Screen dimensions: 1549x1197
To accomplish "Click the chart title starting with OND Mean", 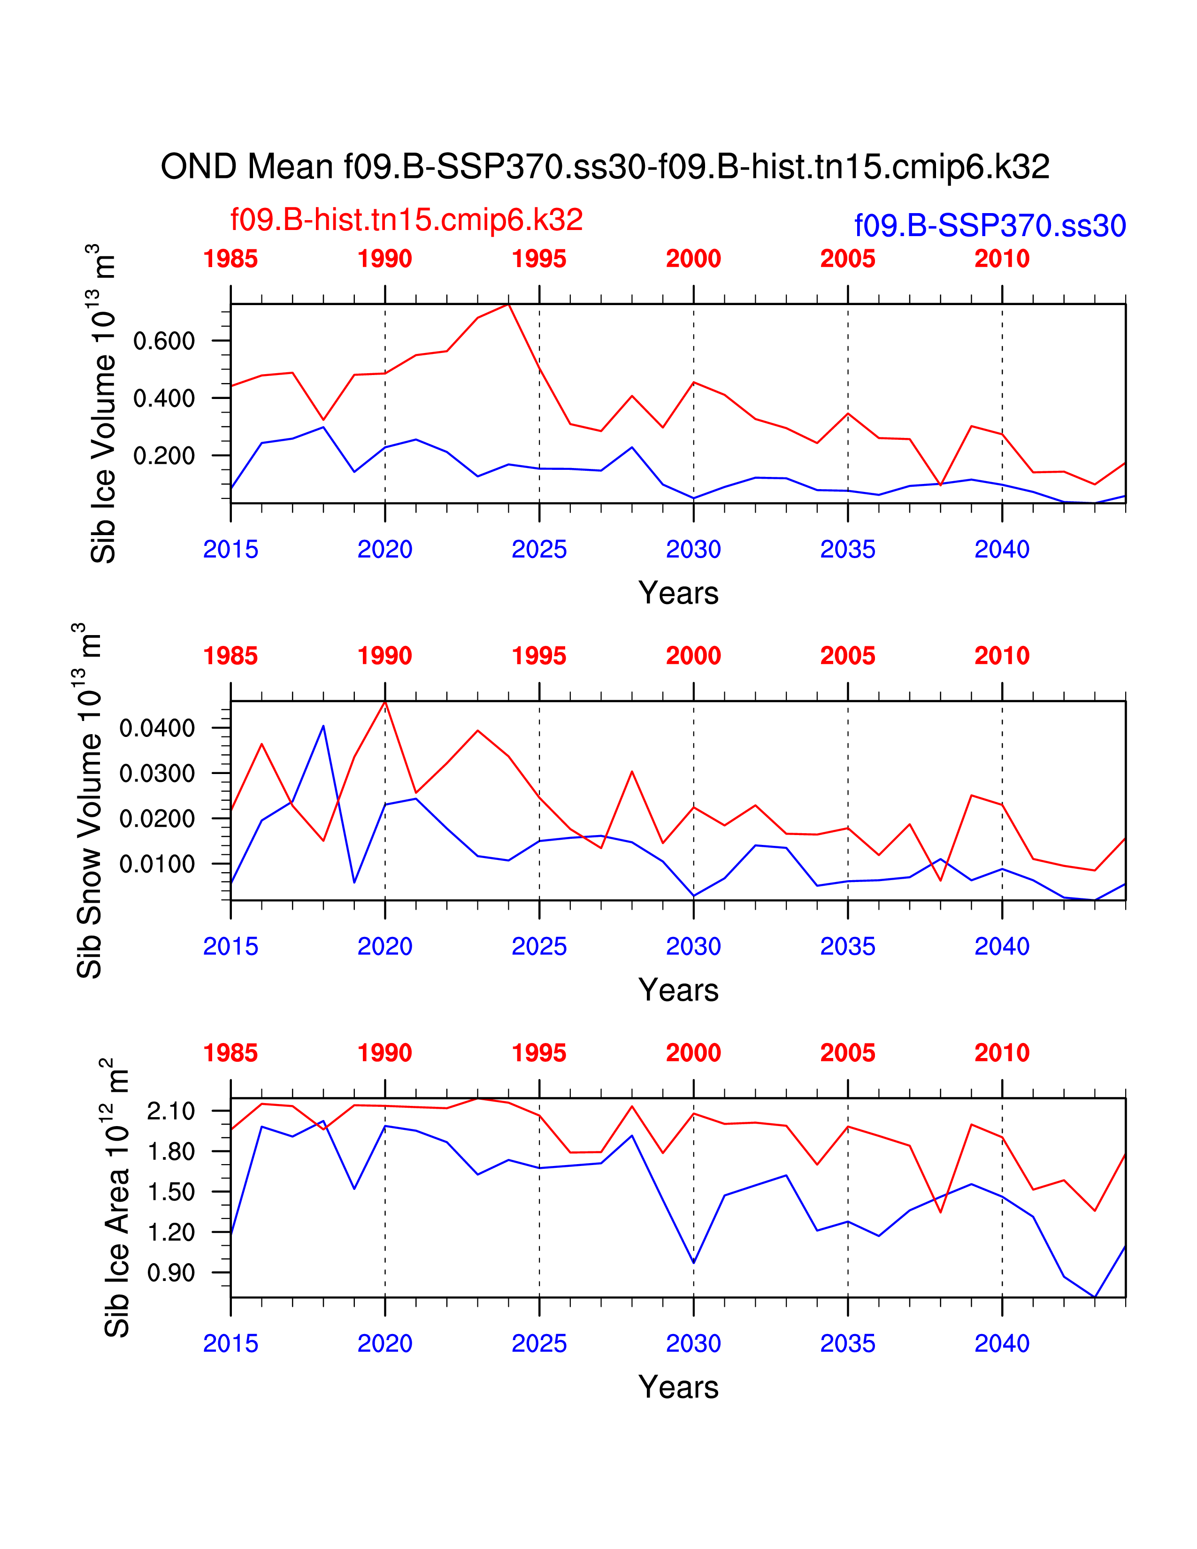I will pos(605,168).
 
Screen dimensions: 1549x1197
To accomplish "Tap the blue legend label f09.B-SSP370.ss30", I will pos(990,226).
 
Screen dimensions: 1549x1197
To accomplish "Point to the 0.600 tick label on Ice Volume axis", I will pos(164,341).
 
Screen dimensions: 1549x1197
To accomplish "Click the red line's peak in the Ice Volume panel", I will pos(508,304).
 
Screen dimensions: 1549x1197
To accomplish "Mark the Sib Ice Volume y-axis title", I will pos(102,404).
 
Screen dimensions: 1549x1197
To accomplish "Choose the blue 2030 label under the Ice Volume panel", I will pos(693,550).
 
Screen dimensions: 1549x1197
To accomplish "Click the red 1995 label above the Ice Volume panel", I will pos(539,259).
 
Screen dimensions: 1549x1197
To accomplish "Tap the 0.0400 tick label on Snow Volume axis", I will pos(157,728).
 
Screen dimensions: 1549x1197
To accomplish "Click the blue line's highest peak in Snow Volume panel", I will pos(323,726).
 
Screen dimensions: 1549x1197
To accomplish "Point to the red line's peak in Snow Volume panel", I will pos(385,701).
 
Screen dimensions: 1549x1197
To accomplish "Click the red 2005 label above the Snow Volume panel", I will pos(847,656).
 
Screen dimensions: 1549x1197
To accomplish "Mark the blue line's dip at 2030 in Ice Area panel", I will pos(693,1263).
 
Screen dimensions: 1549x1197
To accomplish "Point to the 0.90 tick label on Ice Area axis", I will pos(171,1273).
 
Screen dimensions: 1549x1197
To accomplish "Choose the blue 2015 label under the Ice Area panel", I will pos(230,1344).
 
